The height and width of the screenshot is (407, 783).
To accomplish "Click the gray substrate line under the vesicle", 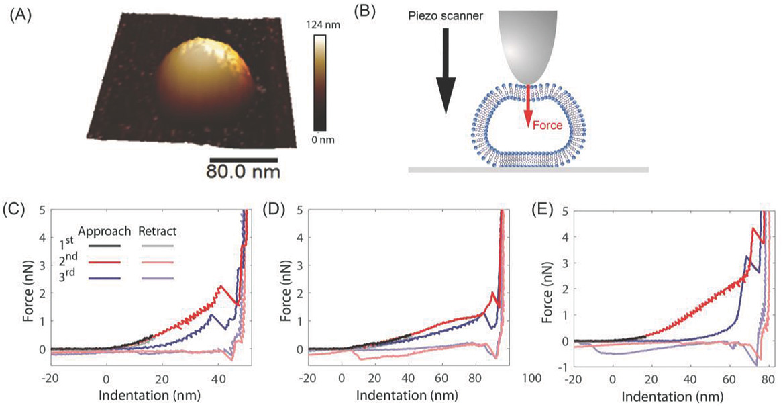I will click(528, 170).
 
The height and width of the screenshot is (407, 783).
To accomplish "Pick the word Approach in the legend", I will click(104, 232).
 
